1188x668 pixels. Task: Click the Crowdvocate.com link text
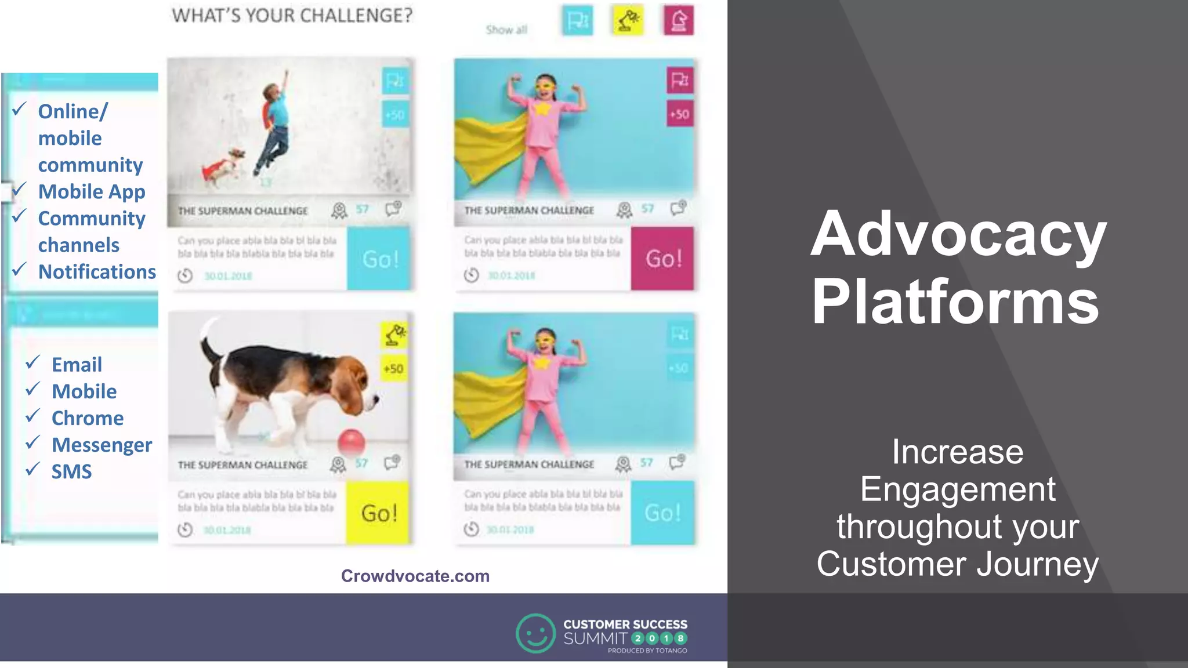tap(415, 576)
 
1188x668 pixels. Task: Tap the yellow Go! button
tap(378, 513)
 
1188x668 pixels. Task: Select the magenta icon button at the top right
tap(678, 20)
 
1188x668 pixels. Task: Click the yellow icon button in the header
tap(628, 20)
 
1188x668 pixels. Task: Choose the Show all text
tap(506, 30)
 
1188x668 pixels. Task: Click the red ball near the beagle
tap(352, 442)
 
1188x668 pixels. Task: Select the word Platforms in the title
tap(955, 302)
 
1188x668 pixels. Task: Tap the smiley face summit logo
tap(535, 633)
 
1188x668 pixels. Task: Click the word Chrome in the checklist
tap(88, 418)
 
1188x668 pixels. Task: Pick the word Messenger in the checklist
tap(102, 445)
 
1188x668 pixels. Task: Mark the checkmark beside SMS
tap(32, 469)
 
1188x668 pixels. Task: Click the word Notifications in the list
tap(97, 272)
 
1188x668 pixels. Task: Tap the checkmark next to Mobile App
tap(19, 189)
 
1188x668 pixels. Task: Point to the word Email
tap(77, 365)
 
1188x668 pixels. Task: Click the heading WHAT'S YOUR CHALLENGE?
tap(292, 16)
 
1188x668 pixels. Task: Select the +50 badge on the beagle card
tap(393, 369)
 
